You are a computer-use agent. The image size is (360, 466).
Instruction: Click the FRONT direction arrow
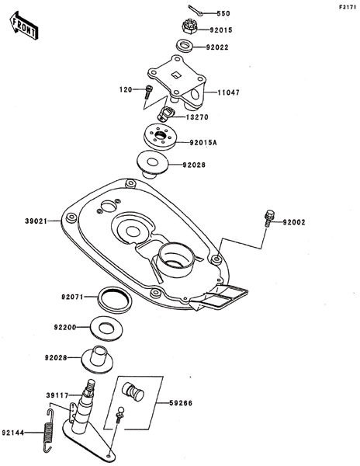24,26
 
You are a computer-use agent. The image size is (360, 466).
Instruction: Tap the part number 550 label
223,14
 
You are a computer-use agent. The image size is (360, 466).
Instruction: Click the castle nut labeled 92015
189,26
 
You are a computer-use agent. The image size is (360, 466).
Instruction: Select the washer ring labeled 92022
185,46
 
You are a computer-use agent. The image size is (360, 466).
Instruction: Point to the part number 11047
229,92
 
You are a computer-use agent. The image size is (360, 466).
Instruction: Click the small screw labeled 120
149,92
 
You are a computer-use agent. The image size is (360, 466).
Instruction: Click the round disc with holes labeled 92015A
161,137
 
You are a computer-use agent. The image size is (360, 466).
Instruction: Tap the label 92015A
203,143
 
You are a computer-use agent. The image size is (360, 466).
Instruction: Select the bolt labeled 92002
268,218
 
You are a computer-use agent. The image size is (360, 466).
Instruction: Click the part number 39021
36,221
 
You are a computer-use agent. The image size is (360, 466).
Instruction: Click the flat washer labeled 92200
106,328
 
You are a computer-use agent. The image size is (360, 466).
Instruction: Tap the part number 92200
65,328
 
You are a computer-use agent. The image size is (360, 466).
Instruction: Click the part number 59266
181,403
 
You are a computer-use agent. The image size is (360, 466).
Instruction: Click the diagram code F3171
348,8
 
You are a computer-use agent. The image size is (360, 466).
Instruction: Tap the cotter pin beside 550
195,9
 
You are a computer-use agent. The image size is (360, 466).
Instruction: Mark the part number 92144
12,433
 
